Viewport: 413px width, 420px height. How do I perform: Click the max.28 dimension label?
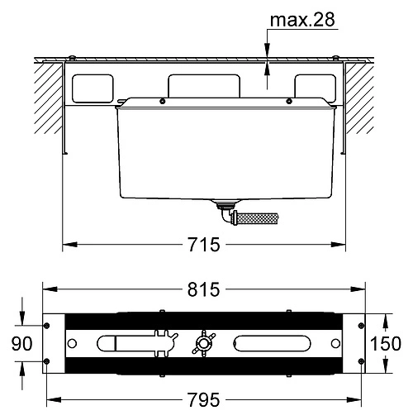(x=302, y=20)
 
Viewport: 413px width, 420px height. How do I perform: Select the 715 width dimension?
(x=204, y=245)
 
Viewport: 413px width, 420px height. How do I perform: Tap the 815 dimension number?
(x=204, y=289)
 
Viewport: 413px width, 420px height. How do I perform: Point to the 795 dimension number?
(x=204, y=399)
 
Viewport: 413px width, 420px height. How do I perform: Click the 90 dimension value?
(x=21, y=344)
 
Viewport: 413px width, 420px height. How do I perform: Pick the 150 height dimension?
(x=386, y=344)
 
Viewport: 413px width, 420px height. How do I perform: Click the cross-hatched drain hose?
(x=257, y=218)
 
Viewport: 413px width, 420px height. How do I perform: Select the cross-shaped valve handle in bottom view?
(x=203, y=343)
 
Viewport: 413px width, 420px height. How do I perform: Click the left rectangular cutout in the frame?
(x=93, y=88)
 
